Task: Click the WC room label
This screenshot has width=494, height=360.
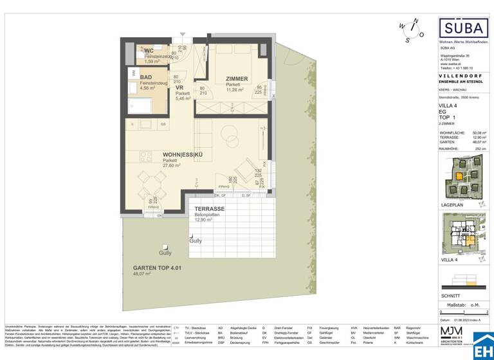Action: [x=149, y=51]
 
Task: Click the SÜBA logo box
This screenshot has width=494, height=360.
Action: [x=462, y=28]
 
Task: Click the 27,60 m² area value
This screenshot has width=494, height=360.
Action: [x=156, y=165]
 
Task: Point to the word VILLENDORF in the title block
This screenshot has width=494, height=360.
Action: [x=462, y=76]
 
